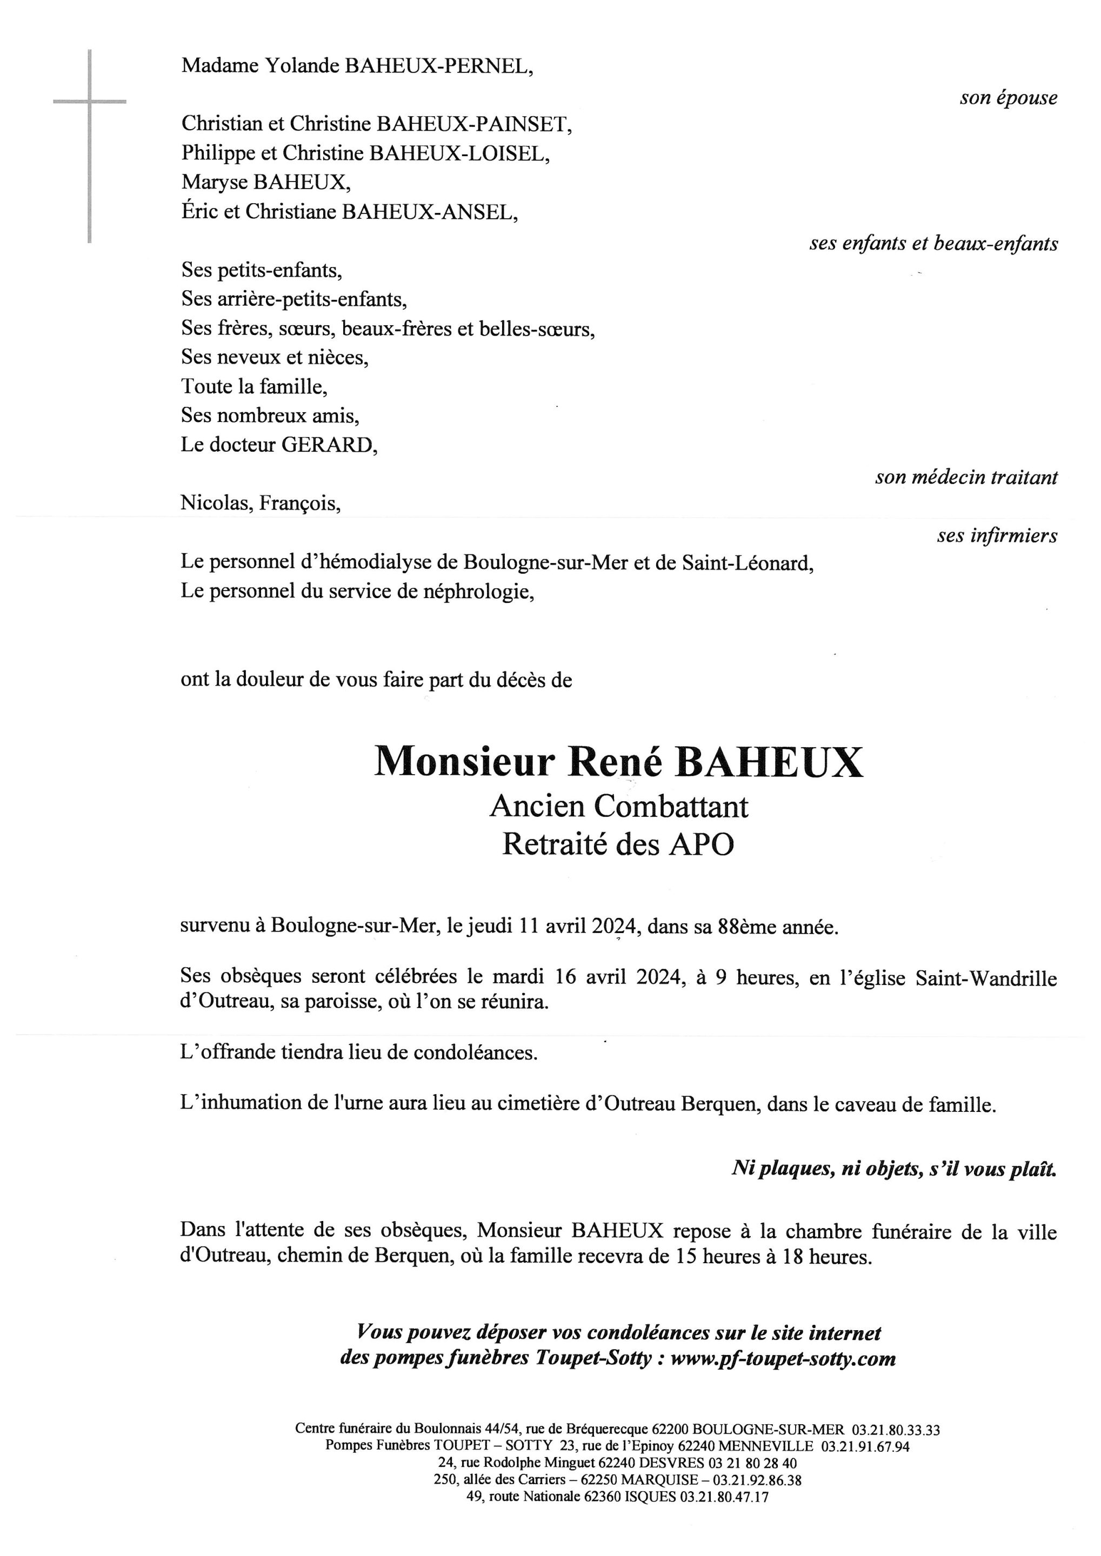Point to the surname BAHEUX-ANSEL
429,212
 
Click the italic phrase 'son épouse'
1008,98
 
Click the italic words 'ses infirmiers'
997,536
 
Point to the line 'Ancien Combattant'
618,807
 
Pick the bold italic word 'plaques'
790,1169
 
